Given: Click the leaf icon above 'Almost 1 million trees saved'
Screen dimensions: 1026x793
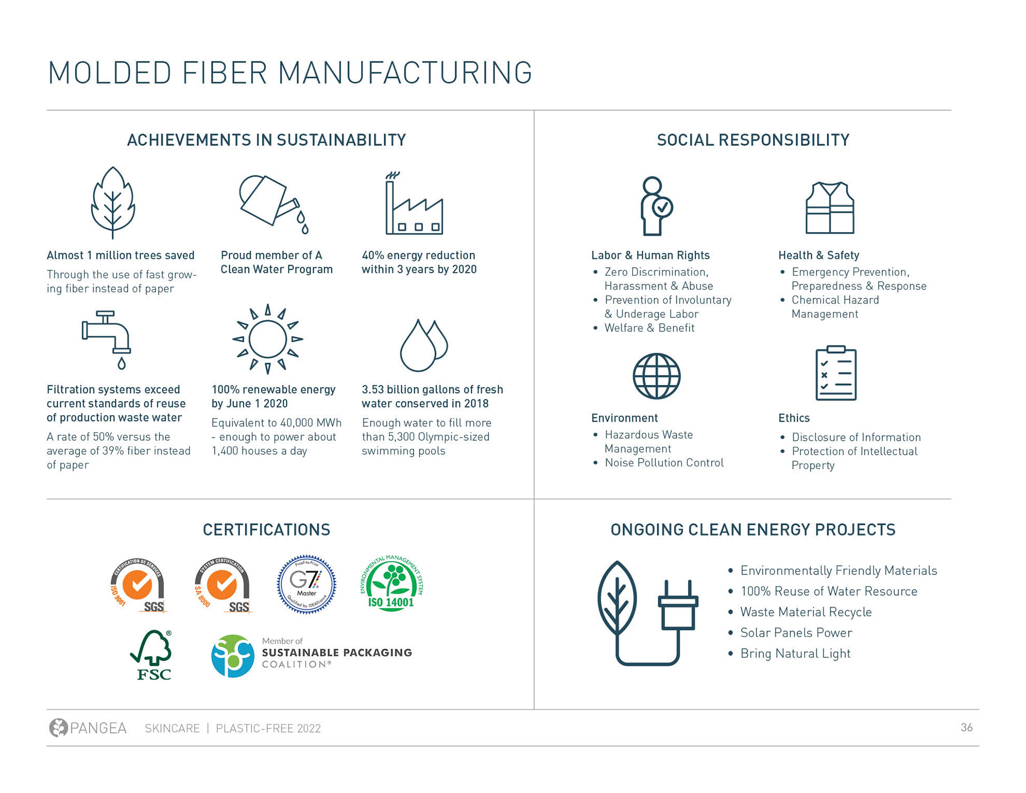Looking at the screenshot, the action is coord(113,203).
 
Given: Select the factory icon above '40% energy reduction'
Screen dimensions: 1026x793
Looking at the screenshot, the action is coord(414,206).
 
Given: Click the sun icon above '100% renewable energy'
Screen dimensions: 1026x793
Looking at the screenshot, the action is coord(268,339).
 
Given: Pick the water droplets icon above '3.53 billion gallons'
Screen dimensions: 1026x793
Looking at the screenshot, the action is coord(423,345).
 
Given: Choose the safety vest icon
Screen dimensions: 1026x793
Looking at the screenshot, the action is coord(829,208).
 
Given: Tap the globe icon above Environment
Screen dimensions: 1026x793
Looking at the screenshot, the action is coord(656,376).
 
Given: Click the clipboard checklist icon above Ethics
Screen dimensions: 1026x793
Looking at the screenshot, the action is coord(836,374).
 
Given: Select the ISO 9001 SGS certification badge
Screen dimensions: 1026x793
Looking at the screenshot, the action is coord(138,586).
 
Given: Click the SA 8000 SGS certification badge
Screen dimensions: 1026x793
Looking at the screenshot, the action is coord(223,586).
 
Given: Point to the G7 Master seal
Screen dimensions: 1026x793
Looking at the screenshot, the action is coord(306,584).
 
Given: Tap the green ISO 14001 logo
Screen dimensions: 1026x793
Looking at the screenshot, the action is coord(392,584).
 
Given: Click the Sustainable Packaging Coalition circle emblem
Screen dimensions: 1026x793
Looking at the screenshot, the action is coord(232,656).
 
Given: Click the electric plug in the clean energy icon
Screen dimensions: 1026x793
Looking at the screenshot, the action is coord(678,609).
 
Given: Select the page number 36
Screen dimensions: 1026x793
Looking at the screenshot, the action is coord(966,727).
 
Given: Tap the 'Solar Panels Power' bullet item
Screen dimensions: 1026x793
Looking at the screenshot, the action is coord(796,633).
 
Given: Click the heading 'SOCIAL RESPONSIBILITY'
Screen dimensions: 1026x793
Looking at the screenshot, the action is coord(752,140).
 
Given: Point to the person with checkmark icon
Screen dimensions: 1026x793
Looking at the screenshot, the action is coord(656,206).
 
